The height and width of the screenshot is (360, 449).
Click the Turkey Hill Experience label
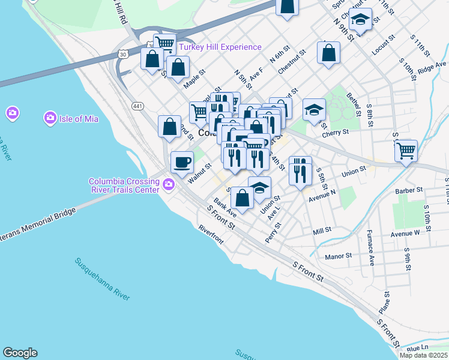coord(223,47)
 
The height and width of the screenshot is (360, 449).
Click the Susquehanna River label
coord(103,280)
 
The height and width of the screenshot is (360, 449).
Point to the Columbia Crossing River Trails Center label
coord(124,185)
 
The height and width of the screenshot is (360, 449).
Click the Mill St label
coord(322,231)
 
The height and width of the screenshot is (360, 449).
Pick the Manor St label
coord(338,256)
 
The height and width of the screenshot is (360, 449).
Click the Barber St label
coord(410,191)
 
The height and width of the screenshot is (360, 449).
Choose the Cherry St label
coord(336,133)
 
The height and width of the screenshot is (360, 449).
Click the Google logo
coord(20,353)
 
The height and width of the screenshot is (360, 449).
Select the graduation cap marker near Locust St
coord(360,20)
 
